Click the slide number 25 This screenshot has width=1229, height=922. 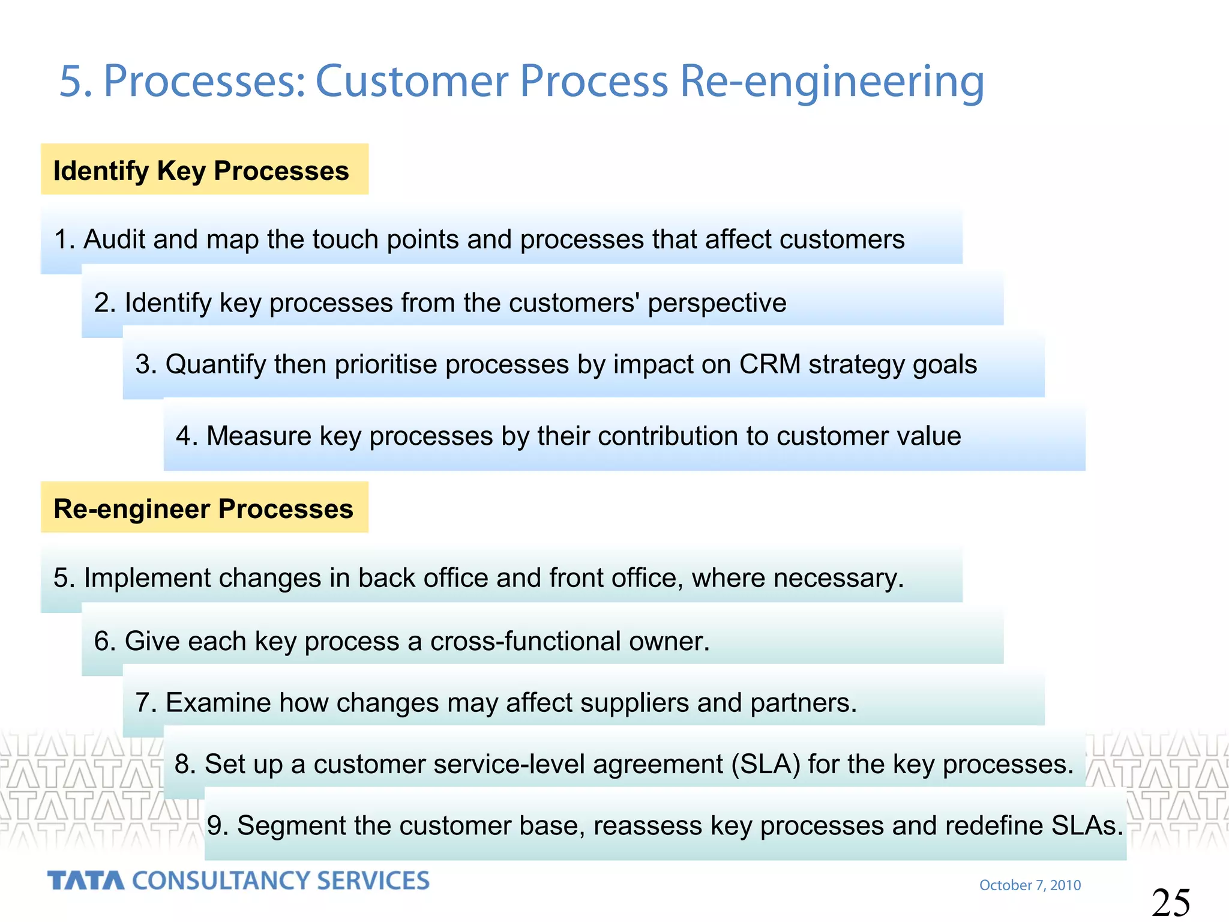(x=1171, y=903)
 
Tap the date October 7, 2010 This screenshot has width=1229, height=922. (x=1030, y=885)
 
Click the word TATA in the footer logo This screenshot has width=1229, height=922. (x=86, y=881)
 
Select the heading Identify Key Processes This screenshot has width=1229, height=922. (x=201, y=170)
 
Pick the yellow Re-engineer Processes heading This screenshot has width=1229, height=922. (x=203, y=508)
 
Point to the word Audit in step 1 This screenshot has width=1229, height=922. (x=113, y=240)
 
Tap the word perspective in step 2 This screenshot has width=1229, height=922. (x=717, y=303)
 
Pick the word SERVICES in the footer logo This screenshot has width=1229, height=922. (x=373, y=881)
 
